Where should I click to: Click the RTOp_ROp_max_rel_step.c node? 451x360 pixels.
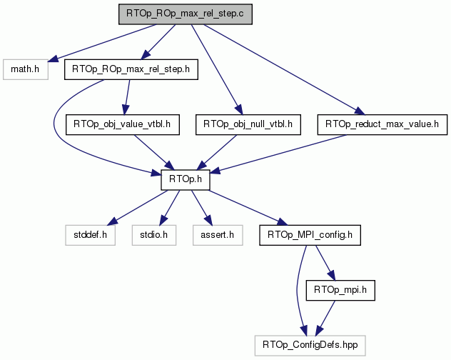186,14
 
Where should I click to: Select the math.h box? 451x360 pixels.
26,69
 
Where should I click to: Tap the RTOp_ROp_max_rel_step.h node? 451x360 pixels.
131,69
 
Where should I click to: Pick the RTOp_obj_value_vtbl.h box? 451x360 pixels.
123,125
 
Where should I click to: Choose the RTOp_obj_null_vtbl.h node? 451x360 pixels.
248,125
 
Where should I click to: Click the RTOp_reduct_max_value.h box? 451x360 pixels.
382,125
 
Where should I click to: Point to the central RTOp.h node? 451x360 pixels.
186,180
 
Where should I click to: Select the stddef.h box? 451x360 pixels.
91,235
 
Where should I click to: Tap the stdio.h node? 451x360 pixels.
154,235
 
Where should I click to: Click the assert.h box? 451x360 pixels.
218,235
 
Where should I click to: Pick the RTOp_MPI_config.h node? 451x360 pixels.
310,235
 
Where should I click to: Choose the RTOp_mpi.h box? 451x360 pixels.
340,290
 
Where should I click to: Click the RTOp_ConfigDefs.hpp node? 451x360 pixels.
310,346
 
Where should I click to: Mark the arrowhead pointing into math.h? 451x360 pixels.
53,59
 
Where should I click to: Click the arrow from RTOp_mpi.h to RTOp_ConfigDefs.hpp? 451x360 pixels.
325,319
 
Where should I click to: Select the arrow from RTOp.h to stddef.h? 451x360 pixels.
137,208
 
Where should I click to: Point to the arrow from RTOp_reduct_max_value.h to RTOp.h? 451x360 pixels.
279,154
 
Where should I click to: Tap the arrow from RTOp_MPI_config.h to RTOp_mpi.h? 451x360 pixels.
325,263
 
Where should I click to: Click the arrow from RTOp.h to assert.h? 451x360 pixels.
202,208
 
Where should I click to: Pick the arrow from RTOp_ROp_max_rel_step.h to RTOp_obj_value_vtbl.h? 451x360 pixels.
127,97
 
